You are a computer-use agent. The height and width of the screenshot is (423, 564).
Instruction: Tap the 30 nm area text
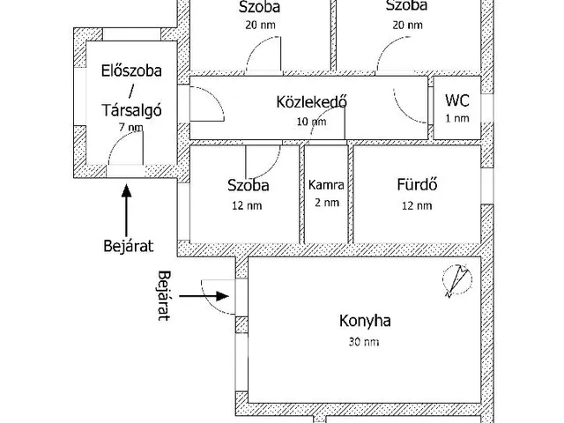(x=364, y=341)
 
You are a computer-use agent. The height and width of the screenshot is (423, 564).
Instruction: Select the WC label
(x=456, y=100)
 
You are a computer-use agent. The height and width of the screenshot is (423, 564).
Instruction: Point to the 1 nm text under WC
(x=456, y=118)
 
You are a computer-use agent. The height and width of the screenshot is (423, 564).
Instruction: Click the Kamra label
(x=325, y=185)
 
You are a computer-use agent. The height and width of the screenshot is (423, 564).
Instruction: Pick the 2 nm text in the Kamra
(x=325, y=203)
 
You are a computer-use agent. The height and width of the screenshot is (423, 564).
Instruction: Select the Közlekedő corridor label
(x=311, y=101)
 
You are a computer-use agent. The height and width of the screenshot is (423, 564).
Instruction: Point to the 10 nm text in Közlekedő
(x=311, y=122)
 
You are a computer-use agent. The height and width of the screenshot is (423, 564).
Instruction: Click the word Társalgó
(x=130, y=109)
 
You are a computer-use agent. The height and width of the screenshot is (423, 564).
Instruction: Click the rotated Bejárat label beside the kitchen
(x=161, y=296)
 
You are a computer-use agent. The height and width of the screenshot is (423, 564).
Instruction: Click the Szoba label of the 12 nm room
(x=248, y=186)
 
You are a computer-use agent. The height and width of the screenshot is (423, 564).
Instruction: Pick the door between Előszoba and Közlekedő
(x=202, y=106)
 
